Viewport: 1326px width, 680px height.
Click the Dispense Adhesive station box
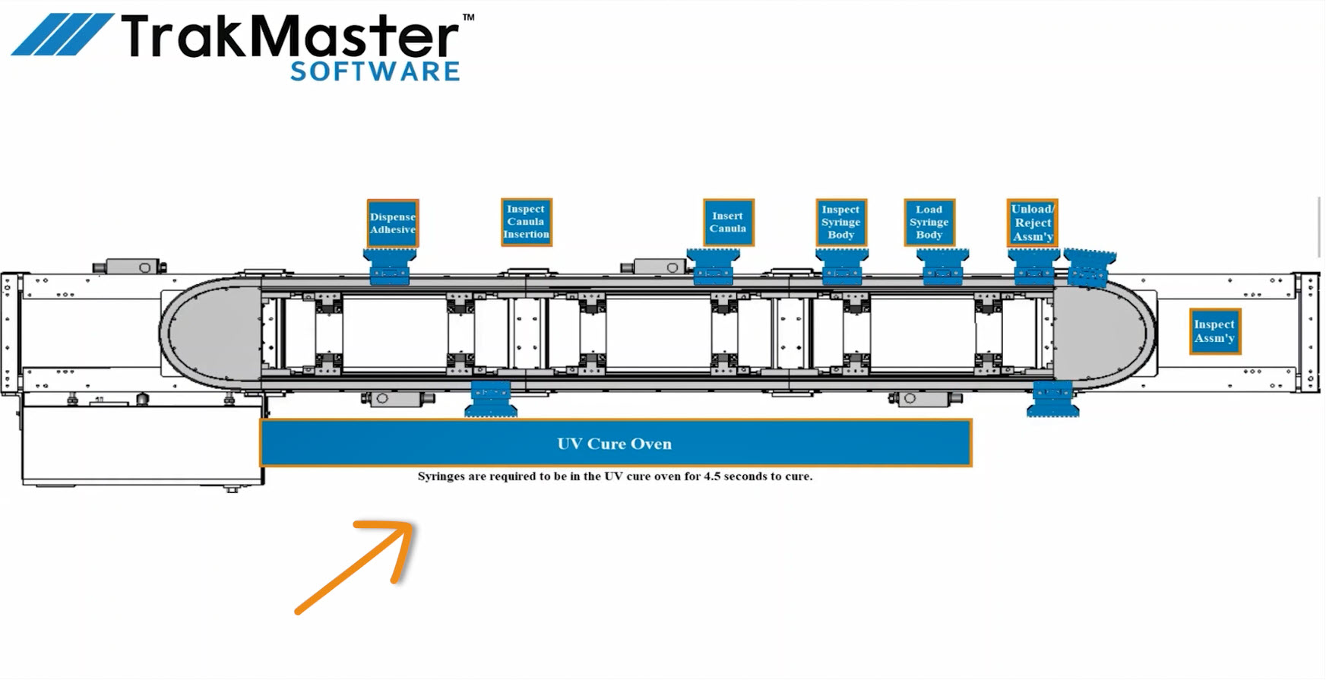click(x=393, y=223)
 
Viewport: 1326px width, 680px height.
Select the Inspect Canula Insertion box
click(x=526, y=222)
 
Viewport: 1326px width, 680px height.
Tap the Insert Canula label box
click(x=728, y=222)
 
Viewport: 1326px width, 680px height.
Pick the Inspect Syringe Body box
click(x=841, y=222)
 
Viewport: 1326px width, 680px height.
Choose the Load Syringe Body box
click(x=929, y=222)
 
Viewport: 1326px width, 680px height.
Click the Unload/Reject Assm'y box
click(x=1033, y=222)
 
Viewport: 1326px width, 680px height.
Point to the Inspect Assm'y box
click(x=1215, y=331)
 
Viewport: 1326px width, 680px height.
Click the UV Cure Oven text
click(x=614, y=444)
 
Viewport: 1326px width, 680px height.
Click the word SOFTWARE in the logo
click(x=375, y=72)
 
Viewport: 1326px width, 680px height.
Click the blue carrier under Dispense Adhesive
click(x=391, y=267)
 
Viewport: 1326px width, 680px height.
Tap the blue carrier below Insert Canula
click(x=713, y=267)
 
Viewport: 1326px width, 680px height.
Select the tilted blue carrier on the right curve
click(x=1089, y=267)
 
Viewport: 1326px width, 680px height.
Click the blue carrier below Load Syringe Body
click(x=942, y=267)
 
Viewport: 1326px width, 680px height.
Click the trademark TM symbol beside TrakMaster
click(x=468, y=17)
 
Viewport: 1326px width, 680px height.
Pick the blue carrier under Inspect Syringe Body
click(x=842, y=267)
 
